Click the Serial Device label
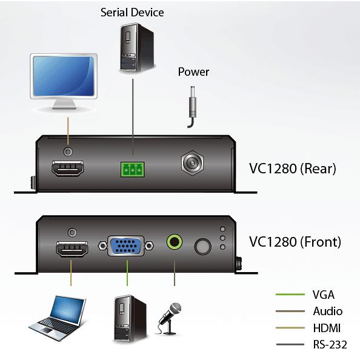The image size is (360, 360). click(132, 12)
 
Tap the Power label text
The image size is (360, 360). click(193, 72)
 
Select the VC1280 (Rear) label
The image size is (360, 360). click(293, 168)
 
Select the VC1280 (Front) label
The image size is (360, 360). click(295, 242)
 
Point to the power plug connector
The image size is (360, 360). click(192, 107)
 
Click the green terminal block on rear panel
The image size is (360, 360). click(133, 170)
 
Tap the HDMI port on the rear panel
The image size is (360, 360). click(67, 168)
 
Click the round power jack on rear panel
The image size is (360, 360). click(192, 163)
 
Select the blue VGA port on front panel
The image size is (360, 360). click(126, 246)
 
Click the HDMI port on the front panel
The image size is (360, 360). click(72, 249)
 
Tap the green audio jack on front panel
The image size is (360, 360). click(175, 242)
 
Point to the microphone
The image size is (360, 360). click(170, 318)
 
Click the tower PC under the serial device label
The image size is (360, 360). click(137, 47)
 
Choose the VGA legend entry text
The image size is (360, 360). click(323, 295)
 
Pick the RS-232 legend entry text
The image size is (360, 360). click(330, 344)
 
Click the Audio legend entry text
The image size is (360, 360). click(328, 312)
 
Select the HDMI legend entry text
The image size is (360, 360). click(327, 328)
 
